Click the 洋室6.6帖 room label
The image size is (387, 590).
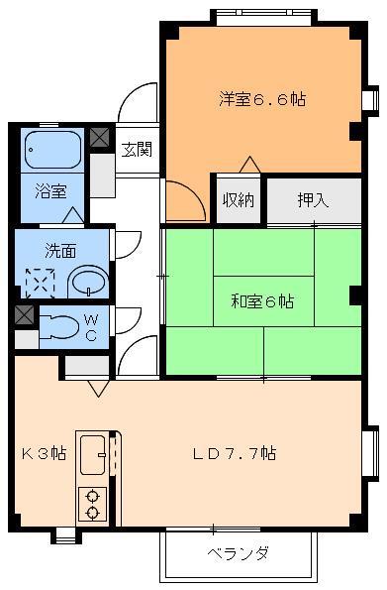coord(261,98)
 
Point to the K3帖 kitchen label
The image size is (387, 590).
coord(45,453)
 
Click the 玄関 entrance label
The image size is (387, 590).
coord(137,151)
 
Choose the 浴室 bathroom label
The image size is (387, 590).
coord(49,188)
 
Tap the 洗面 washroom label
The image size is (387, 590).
coord(59,250)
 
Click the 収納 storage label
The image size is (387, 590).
coord(238,199)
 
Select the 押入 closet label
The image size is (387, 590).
coord(313,199)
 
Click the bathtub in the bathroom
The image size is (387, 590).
coord(52,150)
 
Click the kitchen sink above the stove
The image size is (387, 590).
coord(93,457)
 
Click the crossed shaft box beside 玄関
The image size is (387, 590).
coord(100,138)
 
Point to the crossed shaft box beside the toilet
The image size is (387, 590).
coord(25,315)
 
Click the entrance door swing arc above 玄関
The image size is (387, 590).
coord(139,99)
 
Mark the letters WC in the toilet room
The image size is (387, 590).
coord(90,325)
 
